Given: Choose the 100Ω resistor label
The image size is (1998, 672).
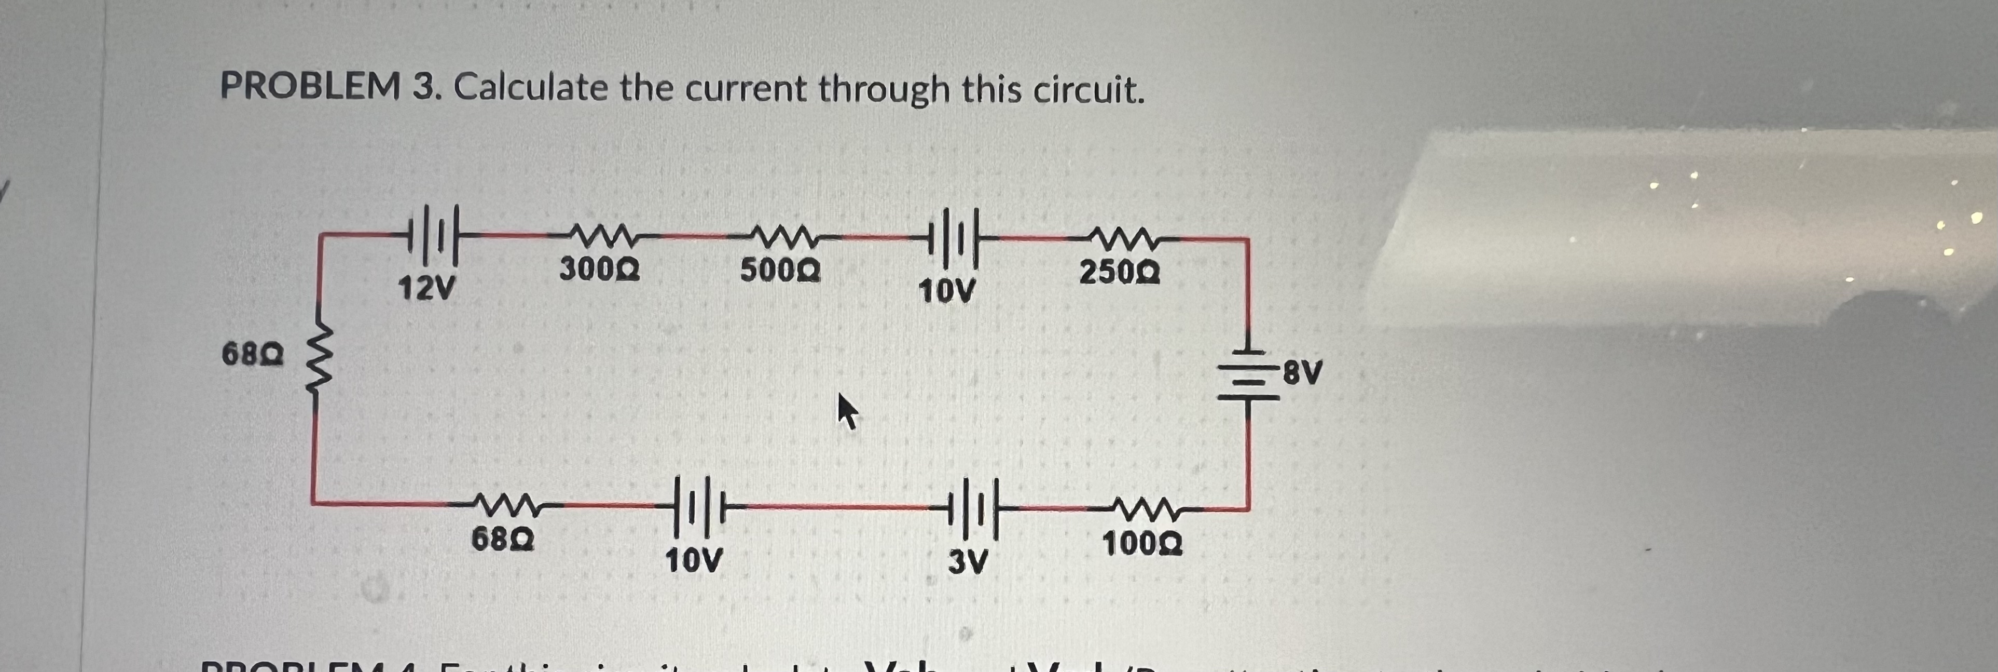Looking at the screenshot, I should pyautogui.click(x=1142, y=544).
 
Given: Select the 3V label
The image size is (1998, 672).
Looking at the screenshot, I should pyautogui.click(x=968, y=561).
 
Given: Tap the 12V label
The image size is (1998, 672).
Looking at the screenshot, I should pyautogui.click(x=426, y=289).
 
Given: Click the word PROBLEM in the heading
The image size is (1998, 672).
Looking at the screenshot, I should pyautogui.click(x=310, y=86).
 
